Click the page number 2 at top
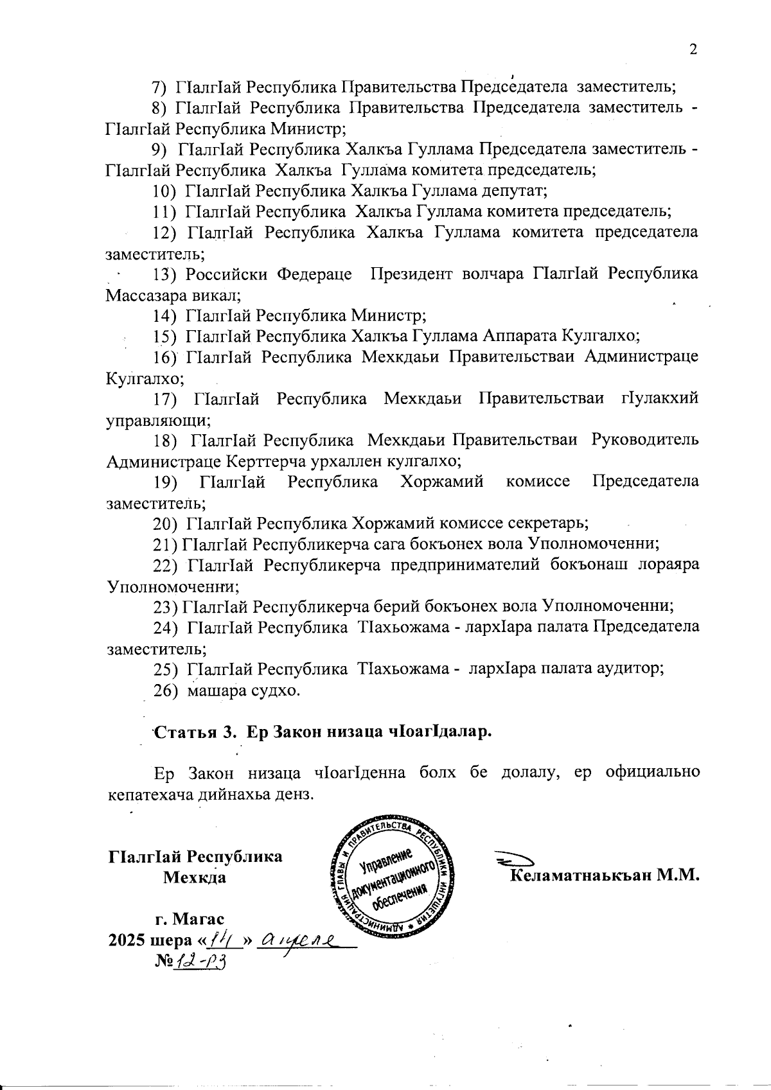[693, 50]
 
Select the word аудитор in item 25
[629, 668]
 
